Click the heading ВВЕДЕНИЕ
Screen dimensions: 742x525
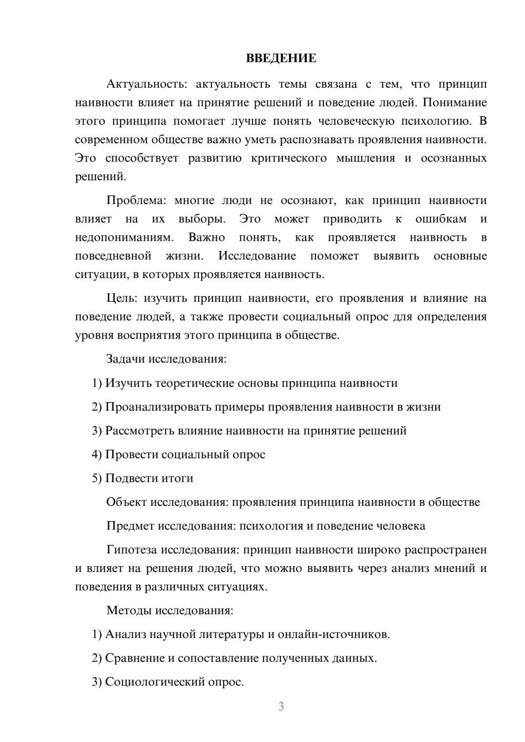281,58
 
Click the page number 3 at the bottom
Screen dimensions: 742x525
281,706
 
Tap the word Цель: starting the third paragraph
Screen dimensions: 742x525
122,299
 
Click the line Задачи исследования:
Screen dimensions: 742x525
166,359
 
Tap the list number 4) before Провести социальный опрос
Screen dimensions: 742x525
97,454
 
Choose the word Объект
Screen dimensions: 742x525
127,502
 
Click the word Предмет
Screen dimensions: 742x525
130,526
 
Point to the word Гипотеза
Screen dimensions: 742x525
132,550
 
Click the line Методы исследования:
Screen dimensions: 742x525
170,610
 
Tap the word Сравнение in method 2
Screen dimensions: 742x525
134,658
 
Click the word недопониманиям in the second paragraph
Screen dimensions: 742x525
124,238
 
